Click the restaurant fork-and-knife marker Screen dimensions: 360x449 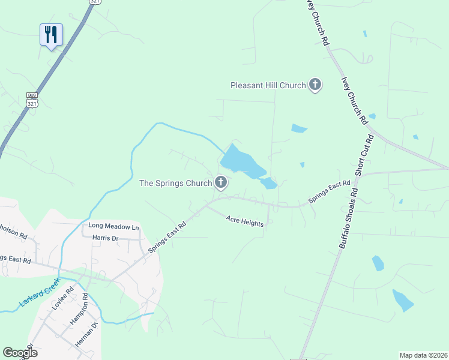pyautogui.click(x=51, y=34)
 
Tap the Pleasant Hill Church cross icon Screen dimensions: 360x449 pyautogui.click(x=315, y=85)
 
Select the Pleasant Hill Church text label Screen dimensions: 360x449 pyautogui.click(x=268, y=86)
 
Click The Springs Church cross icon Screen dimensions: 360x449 pyautogui.click(x=221, y=183)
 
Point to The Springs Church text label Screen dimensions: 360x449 pyautogui.click(x=175, y=183)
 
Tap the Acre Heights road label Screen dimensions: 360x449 pyautogui.click(x=245, y=222)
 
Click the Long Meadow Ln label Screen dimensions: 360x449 pyautogui.click(x=113, y=227)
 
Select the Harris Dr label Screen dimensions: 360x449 pyautogui.click(x=106, y=238)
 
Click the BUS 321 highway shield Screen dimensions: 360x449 pyautogui.click(x=32, y=100)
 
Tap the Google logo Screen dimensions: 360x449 pyautogui.click(x=20, y=353)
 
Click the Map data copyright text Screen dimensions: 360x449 pyautogui.click(x=423, y=355)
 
